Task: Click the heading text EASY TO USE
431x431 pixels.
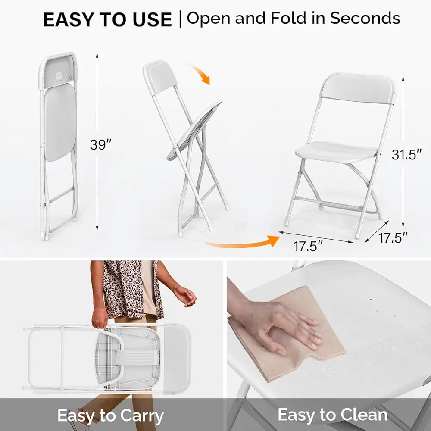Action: [107, 20]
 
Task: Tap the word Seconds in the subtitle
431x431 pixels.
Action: [365, 18]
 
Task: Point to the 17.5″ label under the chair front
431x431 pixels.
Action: [309, 247]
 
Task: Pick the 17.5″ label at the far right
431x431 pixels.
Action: [393, 237]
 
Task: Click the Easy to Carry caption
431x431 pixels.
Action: [110, 416]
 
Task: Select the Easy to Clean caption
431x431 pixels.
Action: [332, 415]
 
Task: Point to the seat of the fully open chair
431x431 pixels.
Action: [336, 151]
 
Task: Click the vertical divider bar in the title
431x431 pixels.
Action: [179, 20]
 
